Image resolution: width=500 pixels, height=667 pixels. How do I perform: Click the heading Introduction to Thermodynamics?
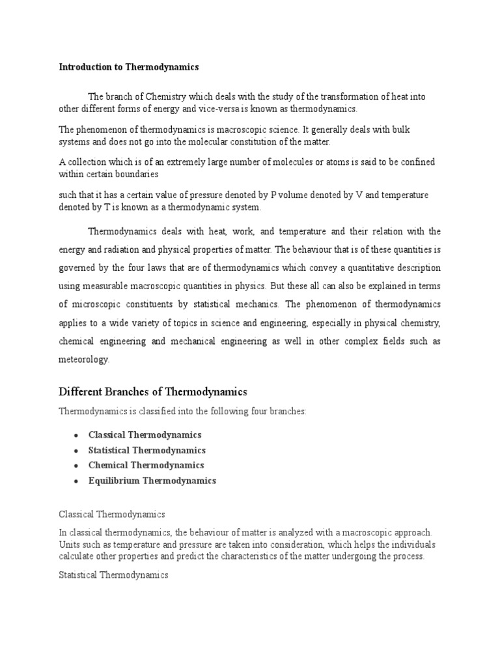click(128, 66)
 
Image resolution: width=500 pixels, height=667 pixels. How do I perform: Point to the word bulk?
click(398, 130)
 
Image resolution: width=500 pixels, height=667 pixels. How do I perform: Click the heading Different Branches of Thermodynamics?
click(153, 391)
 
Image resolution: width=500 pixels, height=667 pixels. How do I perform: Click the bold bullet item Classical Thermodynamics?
click(145, 434)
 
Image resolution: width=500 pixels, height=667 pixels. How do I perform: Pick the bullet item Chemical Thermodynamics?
click(146, 465)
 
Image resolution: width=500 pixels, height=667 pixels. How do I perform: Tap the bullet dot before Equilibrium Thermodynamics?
click(76, 481)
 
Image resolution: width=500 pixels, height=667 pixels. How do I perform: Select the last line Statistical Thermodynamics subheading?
click(113, 575)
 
